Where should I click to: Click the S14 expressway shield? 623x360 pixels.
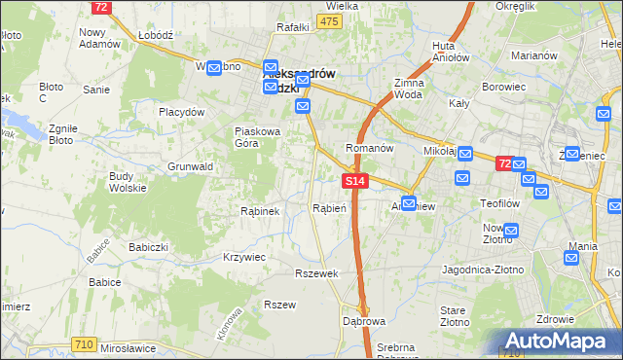coord(355,181)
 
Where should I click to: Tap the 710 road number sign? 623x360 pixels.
coord(85,344)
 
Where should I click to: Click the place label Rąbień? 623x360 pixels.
coord(324,208)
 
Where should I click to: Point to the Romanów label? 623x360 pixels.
coord(369,148)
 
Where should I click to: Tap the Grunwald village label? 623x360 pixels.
coord(190,166)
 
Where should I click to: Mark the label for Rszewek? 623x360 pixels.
coord(317,273)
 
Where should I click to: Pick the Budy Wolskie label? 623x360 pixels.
coord(128,181)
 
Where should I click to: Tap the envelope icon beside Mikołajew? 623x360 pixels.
coord(464,154)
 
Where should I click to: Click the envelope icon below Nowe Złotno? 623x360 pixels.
coord(510,231)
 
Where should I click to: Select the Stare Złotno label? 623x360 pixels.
coord(455,315)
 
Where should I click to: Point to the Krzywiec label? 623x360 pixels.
coord(244,257)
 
